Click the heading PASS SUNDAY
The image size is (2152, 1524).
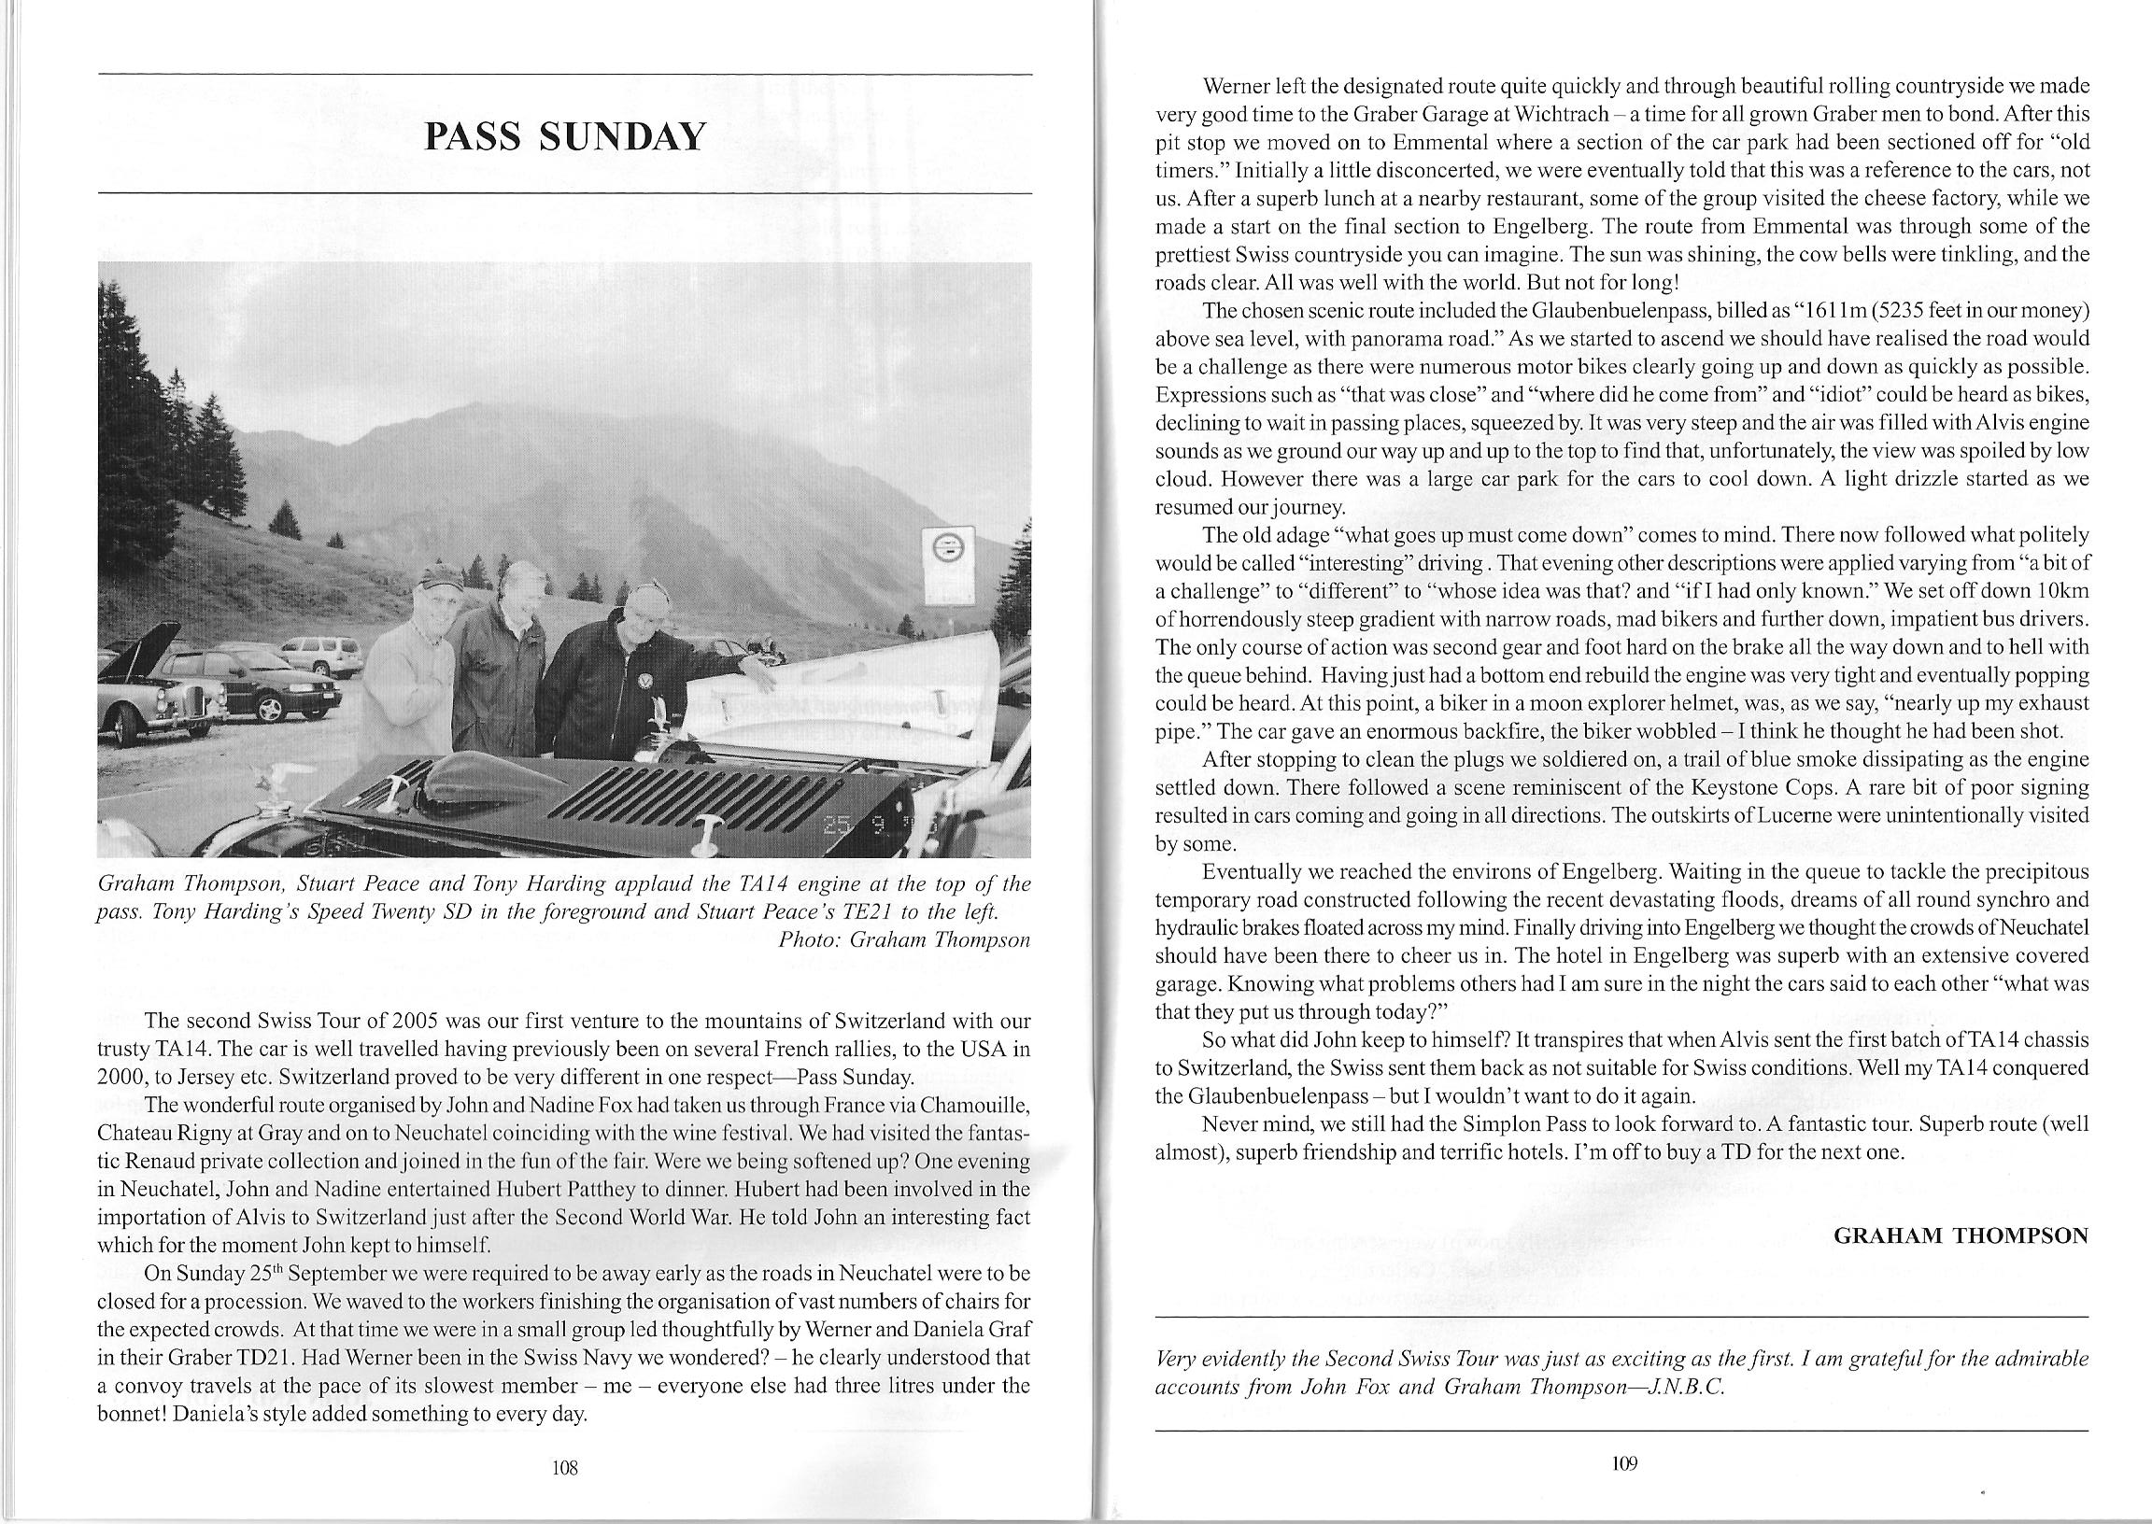(x=564, y=137)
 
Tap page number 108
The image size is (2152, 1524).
(x=564, y=1468)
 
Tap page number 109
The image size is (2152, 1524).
(x=1623, y=1462)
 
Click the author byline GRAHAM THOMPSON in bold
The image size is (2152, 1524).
(x=1961, y=1235)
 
